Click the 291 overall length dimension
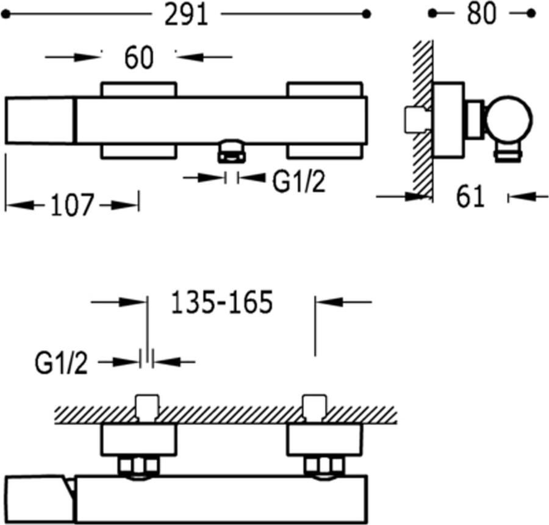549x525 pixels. point(186,15)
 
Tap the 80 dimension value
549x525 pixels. point(482,14)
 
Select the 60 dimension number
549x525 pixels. point(139,58)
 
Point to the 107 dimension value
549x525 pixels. point(72,205)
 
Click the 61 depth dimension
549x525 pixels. point(470,196)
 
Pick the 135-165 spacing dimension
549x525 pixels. point(221,302)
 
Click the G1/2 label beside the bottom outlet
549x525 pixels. point(299,182)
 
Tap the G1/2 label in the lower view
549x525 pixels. point(61,363)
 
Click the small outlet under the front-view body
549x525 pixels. point(231,151)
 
